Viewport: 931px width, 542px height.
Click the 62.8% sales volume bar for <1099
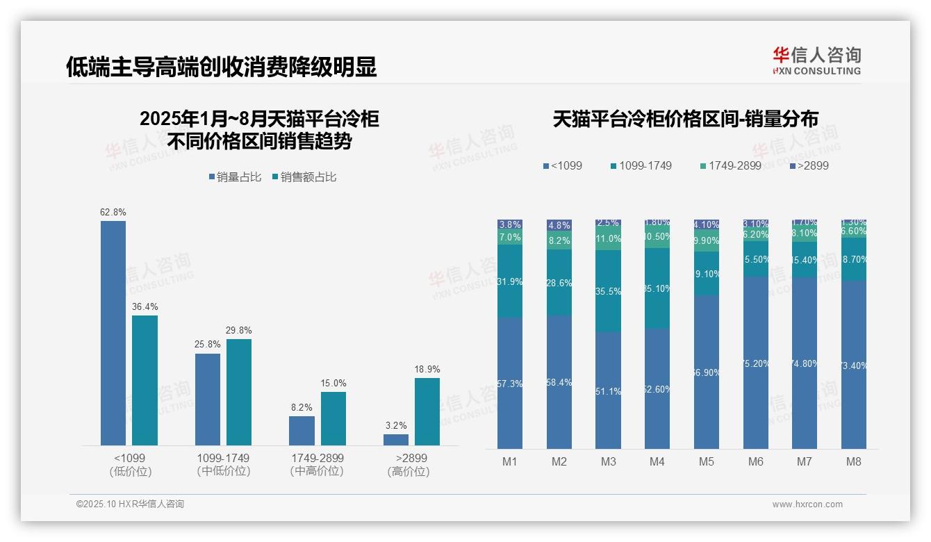[113, 333]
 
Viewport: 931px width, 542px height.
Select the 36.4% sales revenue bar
[145, 380]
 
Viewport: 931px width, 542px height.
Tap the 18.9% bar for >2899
[427, 411]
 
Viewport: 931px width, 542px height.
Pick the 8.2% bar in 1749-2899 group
[302, 431]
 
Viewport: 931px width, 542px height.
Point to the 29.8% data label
[239, 331]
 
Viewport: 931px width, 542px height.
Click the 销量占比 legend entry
[235, 177]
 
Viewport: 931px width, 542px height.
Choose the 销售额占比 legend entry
[304, 177]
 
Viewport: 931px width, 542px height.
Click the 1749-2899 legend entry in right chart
[730, 165]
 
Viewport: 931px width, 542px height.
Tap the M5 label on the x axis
[707, 461]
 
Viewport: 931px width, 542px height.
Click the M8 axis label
[854, 461]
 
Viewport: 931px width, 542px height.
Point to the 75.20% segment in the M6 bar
[756, 363]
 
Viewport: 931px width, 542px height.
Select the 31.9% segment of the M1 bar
[510, 281]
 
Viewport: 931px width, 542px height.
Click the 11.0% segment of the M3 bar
[608, 238]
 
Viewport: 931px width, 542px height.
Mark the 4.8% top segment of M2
[559, 225]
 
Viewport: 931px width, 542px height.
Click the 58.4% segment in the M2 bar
[559, 382]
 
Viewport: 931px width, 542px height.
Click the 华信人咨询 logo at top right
[816, 60]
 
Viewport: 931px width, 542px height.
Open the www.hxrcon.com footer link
[807, 504]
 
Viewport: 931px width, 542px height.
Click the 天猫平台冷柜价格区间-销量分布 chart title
[685, 119]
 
